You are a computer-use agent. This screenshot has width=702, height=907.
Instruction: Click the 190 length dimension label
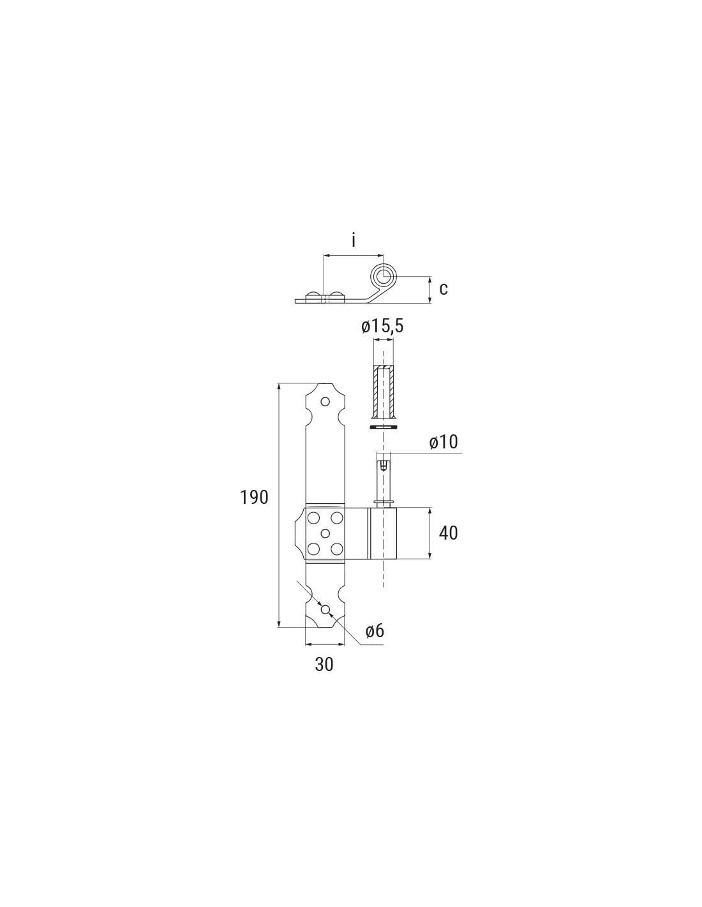(x=254, y=498)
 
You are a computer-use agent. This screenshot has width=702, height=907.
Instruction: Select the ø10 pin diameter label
(x=444, y=443)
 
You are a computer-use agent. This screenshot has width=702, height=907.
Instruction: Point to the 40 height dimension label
(x=448, y=533)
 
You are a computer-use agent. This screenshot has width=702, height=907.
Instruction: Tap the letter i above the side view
(x=354, y=241)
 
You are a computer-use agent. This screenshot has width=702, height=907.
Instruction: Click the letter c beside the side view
(x=444, y=289)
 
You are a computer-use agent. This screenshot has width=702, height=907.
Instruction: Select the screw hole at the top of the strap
(x=325, y=402)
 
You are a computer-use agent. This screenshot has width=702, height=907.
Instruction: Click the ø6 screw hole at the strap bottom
(x=325, y=610)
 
